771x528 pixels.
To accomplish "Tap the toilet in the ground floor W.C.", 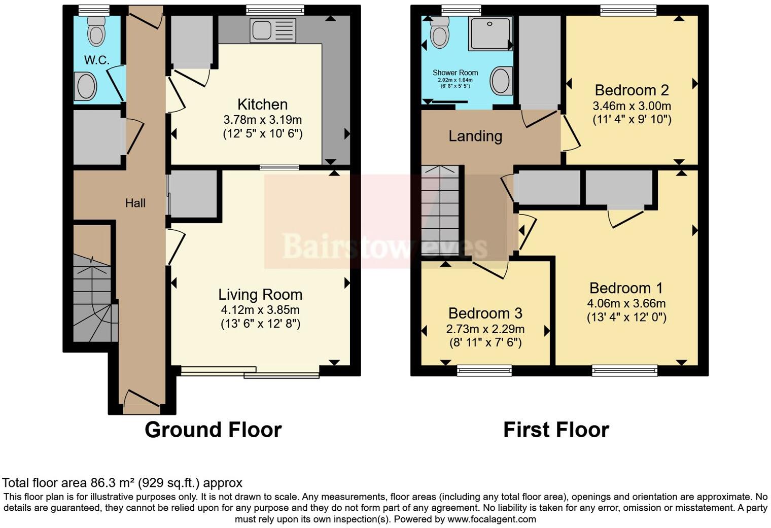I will click(x=95, y=31).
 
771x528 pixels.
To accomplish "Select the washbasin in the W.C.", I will click(x=86, y=86).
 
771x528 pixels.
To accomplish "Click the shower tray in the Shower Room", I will click(x=490, y=33).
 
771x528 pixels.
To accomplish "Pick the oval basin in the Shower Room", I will click(x=502, y=81).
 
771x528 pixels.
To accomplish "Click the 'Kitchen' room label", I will click(x=262, y=104).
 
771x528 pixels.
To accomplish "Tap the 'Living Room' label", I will click(x=260, y=295).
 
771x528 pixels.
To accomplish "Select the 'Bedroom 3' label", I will click(x=485, y=313).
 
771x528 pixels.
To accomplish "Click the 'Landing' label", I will click(x=475, y=136).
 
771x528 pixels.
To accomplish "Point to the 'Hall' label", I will click(x=135, y=203).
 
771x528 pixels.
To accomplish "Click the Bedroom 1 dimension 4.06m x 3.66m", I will click(x=626, y=304).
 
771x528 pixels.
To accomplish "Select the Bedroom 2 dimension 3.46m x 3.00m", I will click(x=632, y=107).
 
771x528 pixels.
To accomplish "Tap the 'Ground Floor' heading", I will click(x=213, y=430).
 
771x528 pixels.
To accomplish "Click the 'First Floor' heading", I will click(x=556, y=430).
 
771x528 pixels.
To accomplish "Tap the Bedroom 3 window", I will click(x=484, y=371).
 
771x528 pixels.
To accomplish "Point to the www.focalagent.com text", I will click(x=492, y=519).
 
